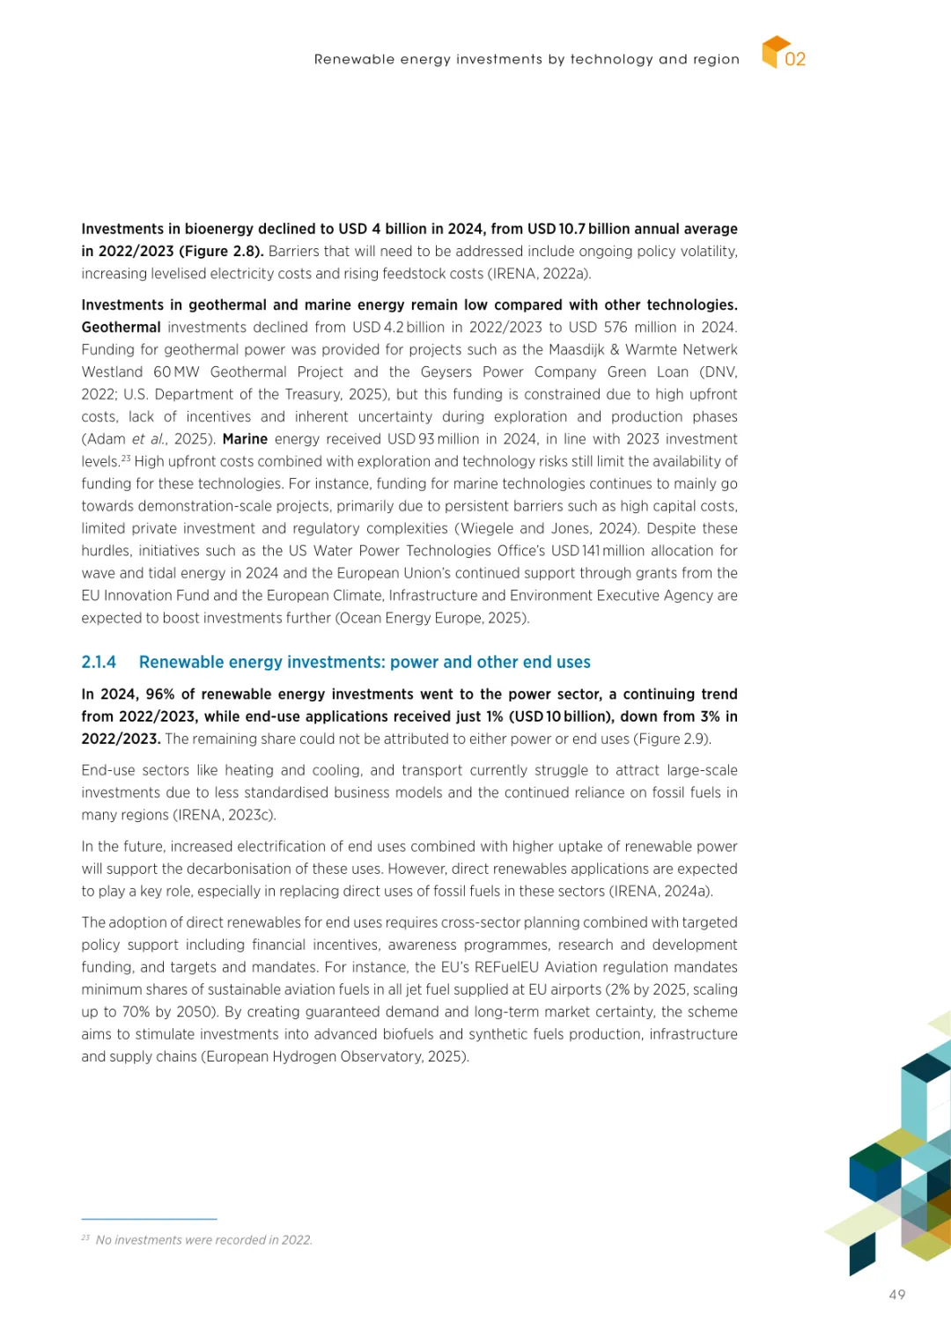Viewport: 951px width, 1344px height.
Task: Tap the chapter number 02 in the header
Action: (x=795, y=59)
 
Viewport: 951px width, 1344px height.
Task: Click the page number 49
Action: (x=897, y=1295)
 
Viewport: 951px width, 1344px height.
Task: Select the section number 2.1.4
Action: (x=99, y=662)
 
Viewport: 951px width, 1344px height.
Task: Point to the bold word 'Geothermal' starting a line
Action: (x=121, y=327)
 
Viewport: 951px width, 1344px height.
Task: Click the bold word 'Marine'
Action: (x=245, y=439)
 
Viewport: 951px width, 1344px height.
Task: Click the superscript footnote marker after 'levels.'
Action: (x=126, y=458)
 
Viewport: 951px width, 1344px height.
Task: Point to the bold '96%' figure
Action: (x=159, y=694)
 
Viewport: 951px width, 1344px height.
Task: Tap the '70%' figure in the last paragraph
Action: (x=135, y=1012)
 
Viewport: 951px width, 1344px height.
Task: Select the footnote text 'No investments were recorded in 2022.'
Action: (x=203, y=1240)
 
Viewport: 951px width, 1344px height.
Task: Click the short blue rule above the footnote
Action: (x=149, y=1219)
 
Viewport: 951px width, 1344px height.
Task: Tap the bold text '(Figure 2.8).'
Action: (x=221, y=252)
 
